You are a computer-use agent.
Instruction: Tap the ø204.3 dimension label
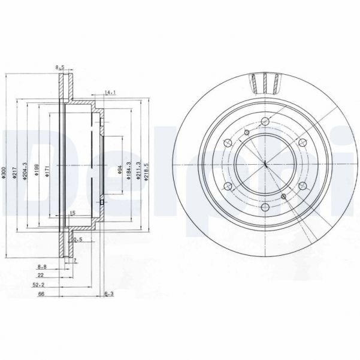[25, 171]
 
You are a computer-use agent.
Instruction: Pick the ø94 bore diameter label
[120, 171]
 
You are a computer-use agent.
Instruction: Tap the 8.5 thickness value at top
[59, 68]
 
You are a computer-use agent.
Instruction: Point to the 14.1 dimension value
[110, 92]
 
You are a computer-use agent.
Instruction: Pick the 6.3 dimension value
[109, 295]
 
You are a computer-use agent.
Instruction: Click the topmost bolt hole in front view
[265, 122]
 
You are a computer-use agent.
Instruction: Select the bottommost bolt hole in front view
[265, 207]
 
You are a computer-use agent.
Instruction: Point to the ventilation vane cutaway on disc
[265, 82]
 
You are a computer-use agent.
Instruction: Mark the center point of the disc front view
[265, 165]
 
